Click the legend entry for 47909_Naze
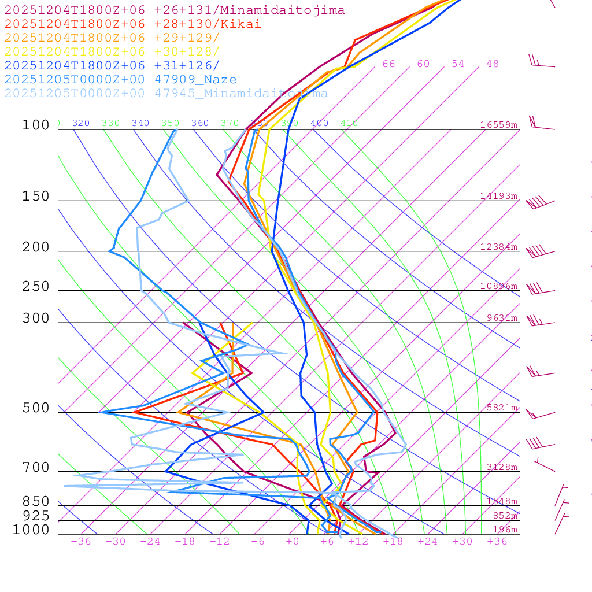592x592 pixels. point(120,80)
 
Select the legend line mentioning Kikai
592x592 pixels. point(133,24)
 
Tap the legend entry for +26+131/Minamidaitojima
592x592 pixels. point(175,10)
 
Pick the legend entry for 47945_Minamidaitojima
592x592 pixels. point(166,94)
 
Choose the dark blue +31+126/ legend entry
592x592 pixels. point(112,66)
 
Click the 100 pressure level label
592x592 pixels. point(36,125)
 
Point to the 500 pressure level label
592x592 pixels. point(36,409)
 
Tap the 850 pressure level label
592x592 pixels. point(36,502)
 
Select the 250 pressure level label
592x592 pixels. point(36,287)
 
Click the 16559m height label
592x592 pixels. point(498,125)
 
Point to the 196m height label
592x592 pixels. point(505,530)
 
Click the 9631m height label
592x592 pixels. point(502,318)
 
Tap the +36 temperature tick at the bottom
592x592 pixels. point(497,542)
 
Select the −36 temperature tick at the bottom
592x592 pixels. point(80,542)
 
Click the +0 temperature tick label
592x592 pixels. point(293,542)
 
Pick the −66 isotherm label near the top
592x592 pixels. point(385,64)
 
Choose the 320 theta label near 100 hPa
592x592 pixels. point(81,123)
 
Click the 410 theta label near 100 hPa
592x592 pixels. point(349,123)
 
